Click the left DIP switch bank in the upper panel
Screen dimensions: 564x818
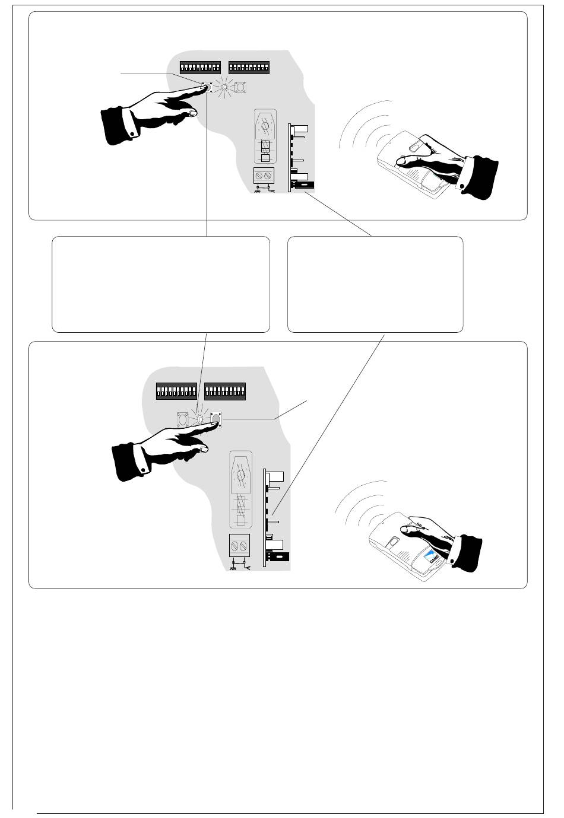coord(200,68)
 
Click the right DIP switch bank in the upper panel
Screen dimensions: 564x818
coord(249,68)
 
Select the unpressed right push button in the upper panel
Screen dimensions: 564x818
coord(242,87)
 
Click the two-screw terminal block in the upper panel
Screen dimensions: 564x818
coord(264,176)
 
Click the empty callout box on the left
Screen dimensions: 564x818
coord(160,284)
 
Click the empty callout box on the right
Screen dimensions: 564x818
coord(375,284)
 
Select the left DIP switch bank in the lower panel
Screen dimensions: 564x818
coord(176,392)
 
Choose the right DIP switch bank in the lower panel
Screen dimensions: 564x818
coord(225,392)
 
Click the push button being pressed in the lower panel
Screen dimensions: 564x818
coord(216,420)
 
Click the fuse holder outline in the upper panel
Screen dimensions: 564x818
coord(266,136)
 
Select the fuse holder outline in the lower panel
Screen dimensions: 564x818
coord(240,489)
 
